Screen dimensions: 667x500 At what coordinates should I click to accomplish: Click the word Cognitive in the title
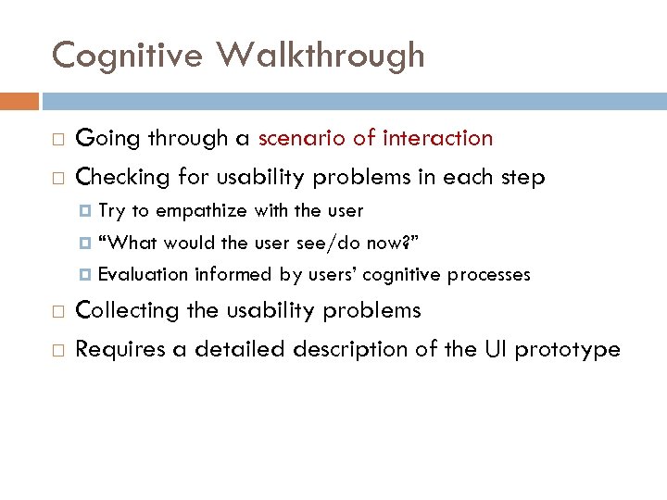[127, 55]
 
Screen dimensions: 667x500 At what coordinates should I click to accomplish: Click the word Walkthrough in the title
[321, 55]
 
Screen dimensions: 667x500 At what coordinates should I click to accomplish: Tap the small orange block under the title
[19, 101]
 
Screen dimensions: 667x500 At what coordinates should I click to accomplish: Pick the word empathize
[201, 211]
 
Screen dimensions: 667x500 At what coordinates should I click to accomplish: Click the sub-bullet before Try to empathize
[87, 212]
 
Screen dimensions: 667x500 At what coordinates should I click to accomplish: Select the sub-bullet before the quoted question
[87, 244]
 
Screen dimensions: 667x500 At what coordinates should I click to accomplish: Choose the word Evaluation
[143, 274]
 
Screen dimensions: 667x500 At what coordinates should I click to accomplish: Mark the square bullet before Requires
[57, 351]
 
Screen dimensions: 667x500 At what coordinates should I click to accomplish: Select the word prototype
[568, 350]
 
